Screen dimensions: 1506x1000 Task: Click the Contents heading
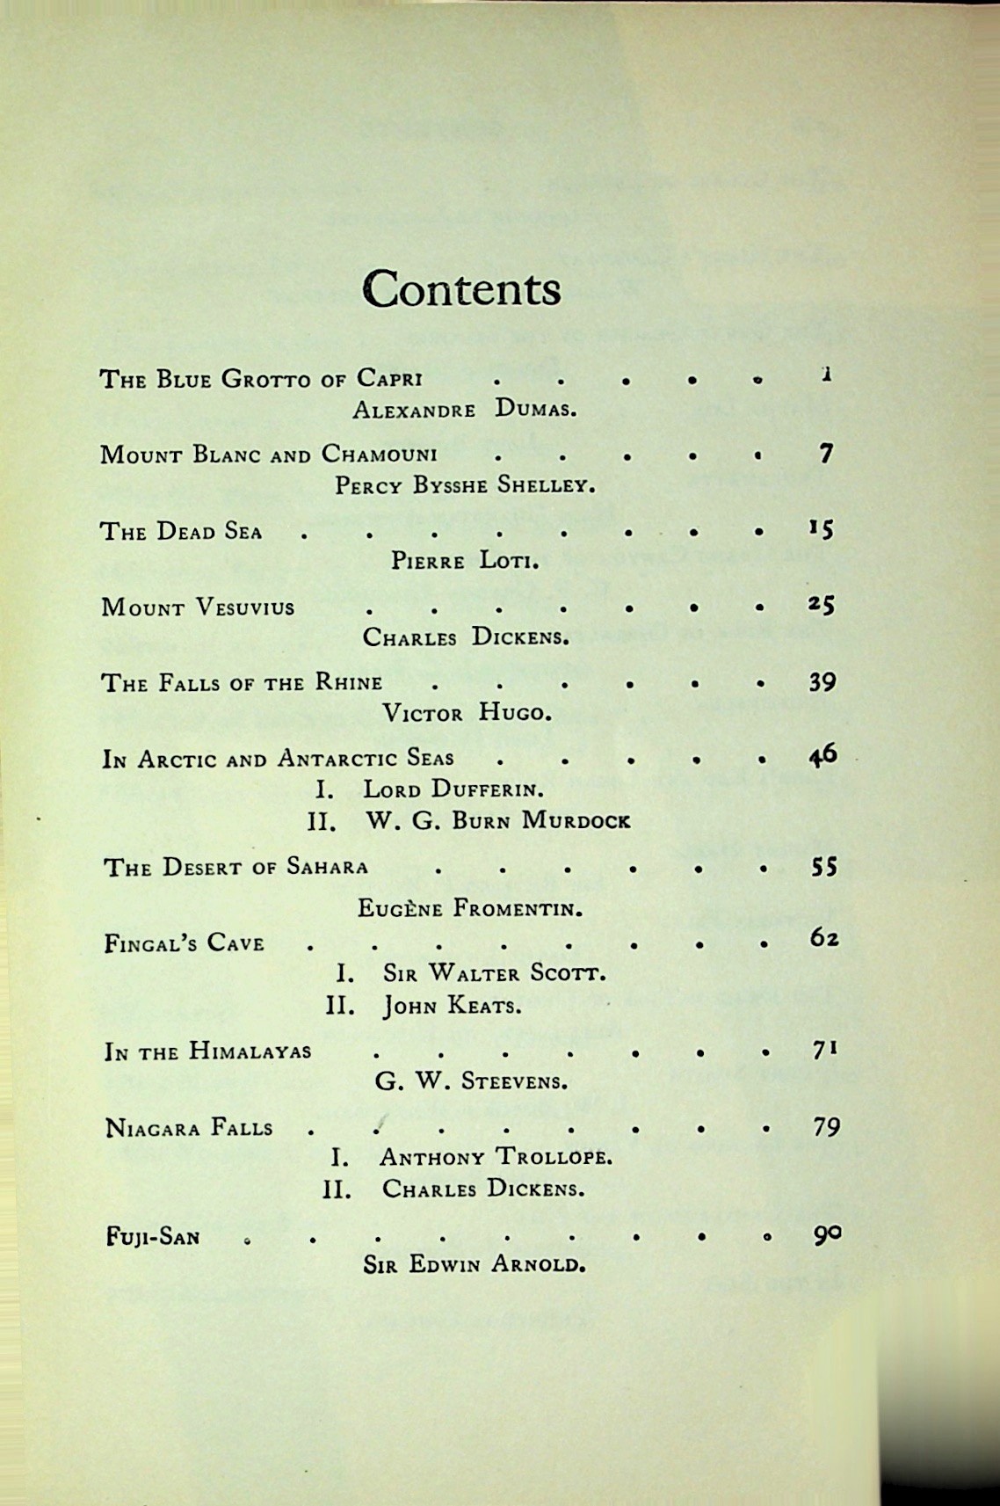coord(461,287)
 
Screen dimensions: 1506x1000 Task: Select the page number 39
coord(822,682)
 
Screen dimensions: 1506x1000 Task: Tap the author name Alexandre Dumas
coord(464,410)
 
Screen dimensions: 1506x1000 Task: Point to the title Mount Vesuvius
coord(198,607)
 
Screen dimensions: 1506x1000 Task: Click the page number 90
coord(826,1234)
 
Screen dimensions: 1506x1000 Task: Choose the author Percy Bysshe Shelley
coord(465,485)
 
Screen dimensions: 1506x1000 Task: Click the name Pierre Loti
coord(464,561)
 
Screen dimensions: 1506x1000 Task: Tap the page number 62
coord(824,938)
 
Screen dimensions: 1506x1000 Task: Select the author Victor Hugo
coord(467,713)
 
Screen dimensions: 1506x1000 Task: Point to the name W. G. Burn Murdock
coord(498,821)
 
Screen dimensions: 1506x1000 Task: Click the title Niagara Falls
coord(189,1128)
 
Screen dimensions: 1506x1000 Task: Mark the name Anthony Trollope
coord(496,1157)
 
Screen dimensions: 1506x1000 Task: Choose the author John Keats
coord(453,1005)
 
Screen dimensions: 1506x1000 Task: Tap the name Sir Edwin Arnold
coord(474,1265)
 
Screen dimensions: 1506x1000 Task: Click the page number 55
coord(823,868)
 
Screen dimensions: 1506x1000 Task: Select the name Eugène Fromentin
coord(470,908)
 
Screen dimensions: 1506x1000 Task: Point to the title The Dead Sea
coord(181,532)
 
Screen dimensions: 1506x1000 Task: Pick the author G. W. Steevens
coord(471,1081)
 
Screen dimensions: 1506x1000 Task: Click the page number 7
coord(825,454)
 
